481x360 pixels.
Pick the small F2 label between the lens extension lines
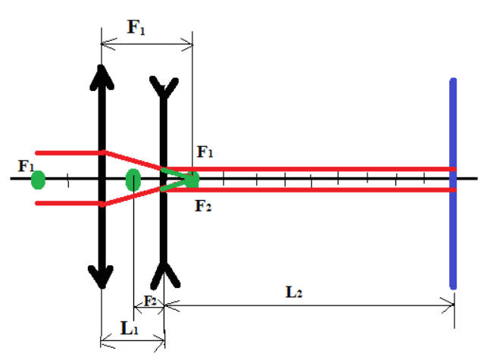(150, 301)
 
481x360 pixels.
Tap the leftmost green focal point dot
(38, 180)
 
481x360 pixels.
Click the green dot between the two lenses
(133, 180)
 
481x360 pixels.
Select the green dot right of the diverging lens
(192, 180)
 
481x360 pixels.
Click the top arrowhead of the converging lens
(101, 76)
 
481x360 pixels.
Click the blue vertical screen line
(454, 182)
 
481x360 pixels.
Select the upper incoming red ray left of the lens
(68, 152)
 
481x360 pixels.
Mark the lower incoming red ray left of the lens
(68, 202)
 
